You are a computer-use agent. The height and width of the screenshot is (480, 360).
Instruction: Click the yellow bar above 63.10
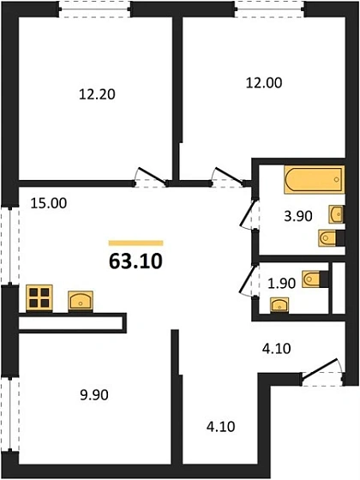135,243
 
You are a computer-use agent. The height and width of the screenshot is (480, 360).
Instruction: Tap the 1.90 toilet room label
284,282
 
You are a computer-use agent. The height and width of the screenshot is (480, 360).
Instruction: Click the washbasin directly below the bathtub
336,213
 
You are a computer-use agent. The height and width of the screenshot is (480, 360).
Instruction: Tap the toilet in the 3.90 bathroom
327,237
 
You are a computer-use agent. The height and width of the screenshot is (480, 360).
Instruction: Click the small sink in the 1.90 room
279,304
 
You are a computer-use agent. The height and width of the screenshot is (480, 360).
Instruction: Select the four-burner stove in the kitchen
39,297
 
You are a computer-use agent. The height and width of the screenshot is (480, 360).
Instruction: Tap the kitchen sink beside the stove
81,298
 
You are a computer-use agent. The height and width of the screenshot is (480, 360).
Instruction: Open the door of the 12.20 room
150,177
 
